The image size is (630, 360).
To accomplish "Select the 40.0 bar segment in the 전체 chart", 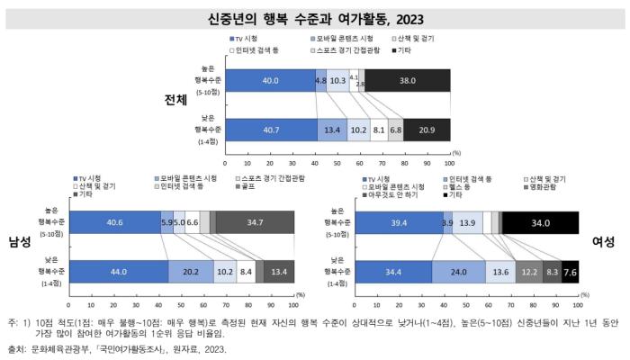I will point(270,80).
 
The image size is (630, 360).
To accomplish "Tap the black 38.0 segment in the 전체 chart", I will point(407,80).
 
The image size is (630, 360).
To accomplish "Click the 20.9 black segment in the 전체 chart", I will point(427,130).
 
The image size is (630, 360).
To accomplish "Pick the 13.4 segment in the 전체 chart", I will point(332,130).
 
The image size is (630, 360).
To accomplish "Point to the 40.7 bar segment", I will point(271,130).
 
